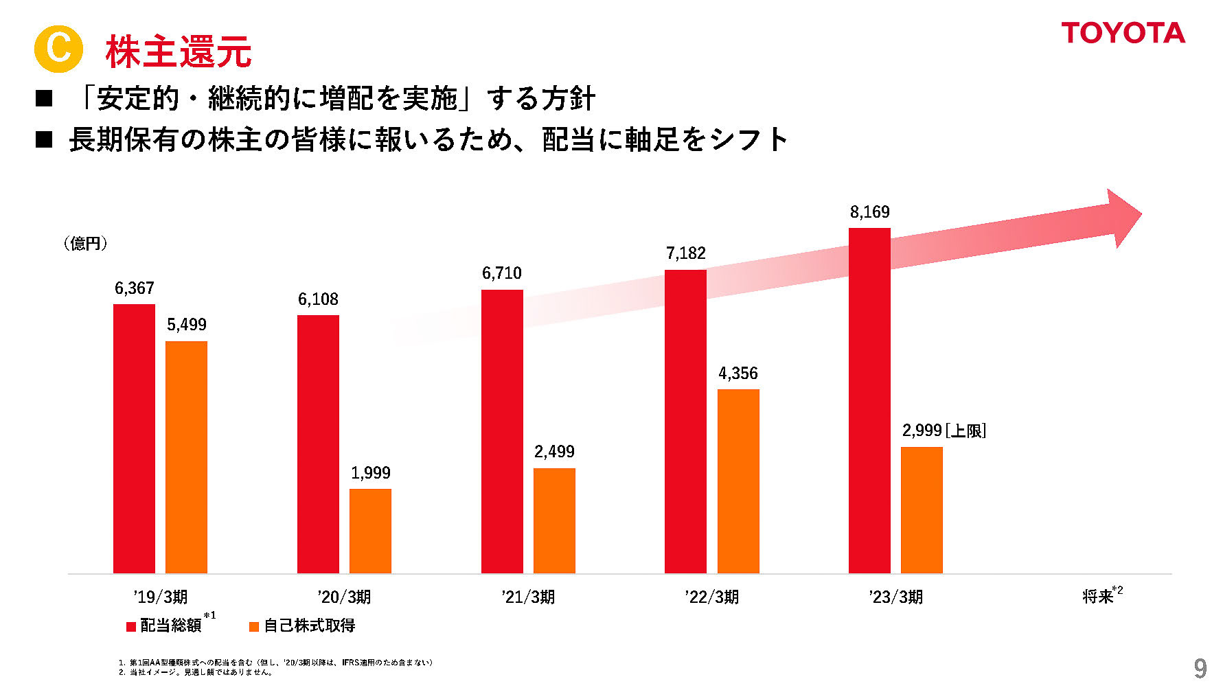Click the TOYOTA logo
[1123, 33]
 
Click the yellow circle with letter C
[58, 49]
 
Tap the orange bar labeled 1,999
[370, 531]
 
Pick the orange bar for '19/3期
[186, 457]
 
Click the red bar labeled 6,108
[318, 444]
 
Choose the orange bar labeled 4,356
[738, 481]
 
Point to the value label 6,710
[501, 273]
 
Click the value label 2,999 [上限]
[944, 431]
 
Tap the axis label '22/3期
[711, 597]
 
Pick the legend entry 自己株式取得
[308, 626]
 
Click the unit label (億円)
[85, 243]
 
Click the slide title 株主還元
[179, 51]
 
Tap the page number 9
[1200, 668]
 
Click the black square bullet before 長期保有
[44, 140]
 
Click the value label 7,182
[685, 253]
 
